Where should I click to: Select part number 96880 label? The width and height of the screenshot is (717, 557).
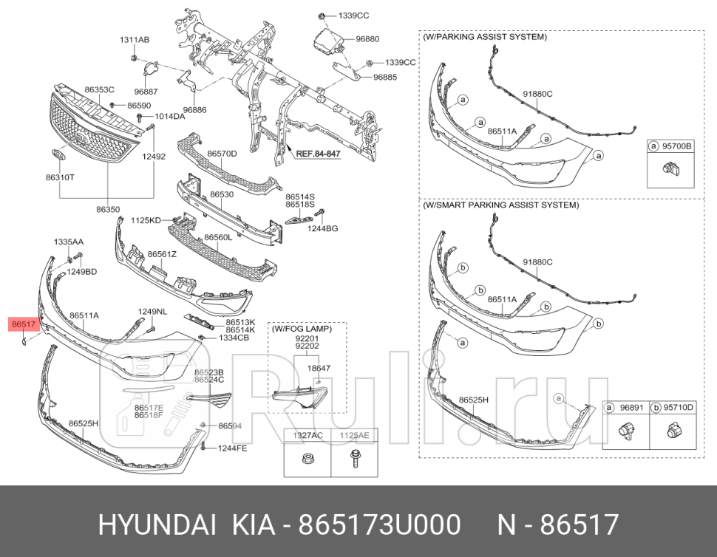click(367, 39)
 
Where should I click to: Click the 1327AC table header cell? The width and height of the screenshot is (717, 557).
click(306, 435)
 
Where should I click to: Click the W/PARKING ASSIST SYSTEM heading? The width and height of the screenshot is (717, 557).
click(485, 36)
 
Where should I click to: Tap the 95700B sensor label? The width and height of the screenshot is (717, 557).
click(676, 146)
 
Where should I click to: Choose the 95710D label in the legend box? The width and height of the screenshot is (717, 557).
click(679, 407)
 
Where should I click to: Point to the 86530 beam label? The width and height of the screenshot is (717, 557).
click(221, 194)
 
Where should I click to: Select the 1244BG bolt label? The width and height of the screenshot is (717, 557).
click(323, 229)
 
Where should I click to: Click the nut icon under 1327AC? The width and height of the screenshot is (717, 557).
click(305, 459)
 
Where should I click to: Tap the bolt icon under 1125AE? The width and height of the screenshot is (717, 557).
click(354, 459)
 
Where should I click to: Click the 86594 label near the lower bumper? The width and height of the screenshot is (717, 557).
click(230, 426)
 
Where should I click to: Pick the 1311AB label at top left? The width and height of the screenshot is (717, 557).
click(135, 39)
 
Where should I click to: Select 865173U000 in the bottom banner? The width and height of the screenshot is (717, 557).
click(379, 525)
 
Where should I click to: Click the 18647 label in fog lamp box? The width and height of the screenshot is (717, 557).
click(319, 367)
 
